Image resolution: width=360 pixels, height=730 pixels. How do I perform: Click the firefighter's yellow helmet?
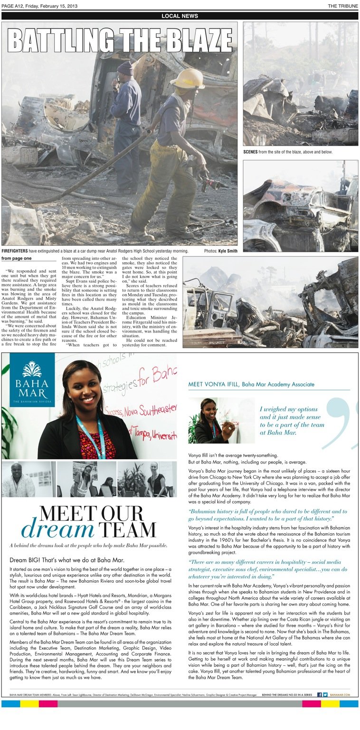(188, 79)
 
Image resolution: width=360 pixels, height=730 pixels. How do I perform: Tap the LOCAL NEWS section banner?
(180, 16)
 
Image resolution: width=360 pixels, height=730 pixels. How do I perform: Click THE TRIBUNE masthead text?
(343, 6)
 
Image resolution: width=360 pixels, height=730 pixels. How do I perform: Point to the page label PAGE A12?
(14, 6)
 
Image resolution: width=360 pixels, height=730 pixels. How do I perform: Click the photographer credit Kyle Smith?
(227, 251)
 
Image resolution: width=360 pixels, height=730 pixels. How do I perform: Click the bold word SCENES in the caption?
(251, 152)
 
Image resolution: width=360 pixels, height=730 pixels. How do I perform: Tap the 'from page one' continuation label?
(16, 258)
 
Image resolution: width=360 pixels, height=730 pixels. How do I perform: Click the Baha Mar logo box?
(32, 380)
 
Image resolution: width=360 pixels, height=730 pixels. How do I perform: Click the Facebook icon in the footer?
(320, 694)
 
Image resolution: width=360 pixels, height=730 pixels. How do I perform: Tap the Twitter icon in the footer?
(325, 694)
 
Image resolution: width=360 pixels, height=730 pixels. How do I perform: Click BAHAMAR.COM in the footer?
(340, 694)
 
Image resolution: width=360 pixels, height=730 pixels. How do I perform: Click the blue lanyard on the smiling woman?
(93, 436)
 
